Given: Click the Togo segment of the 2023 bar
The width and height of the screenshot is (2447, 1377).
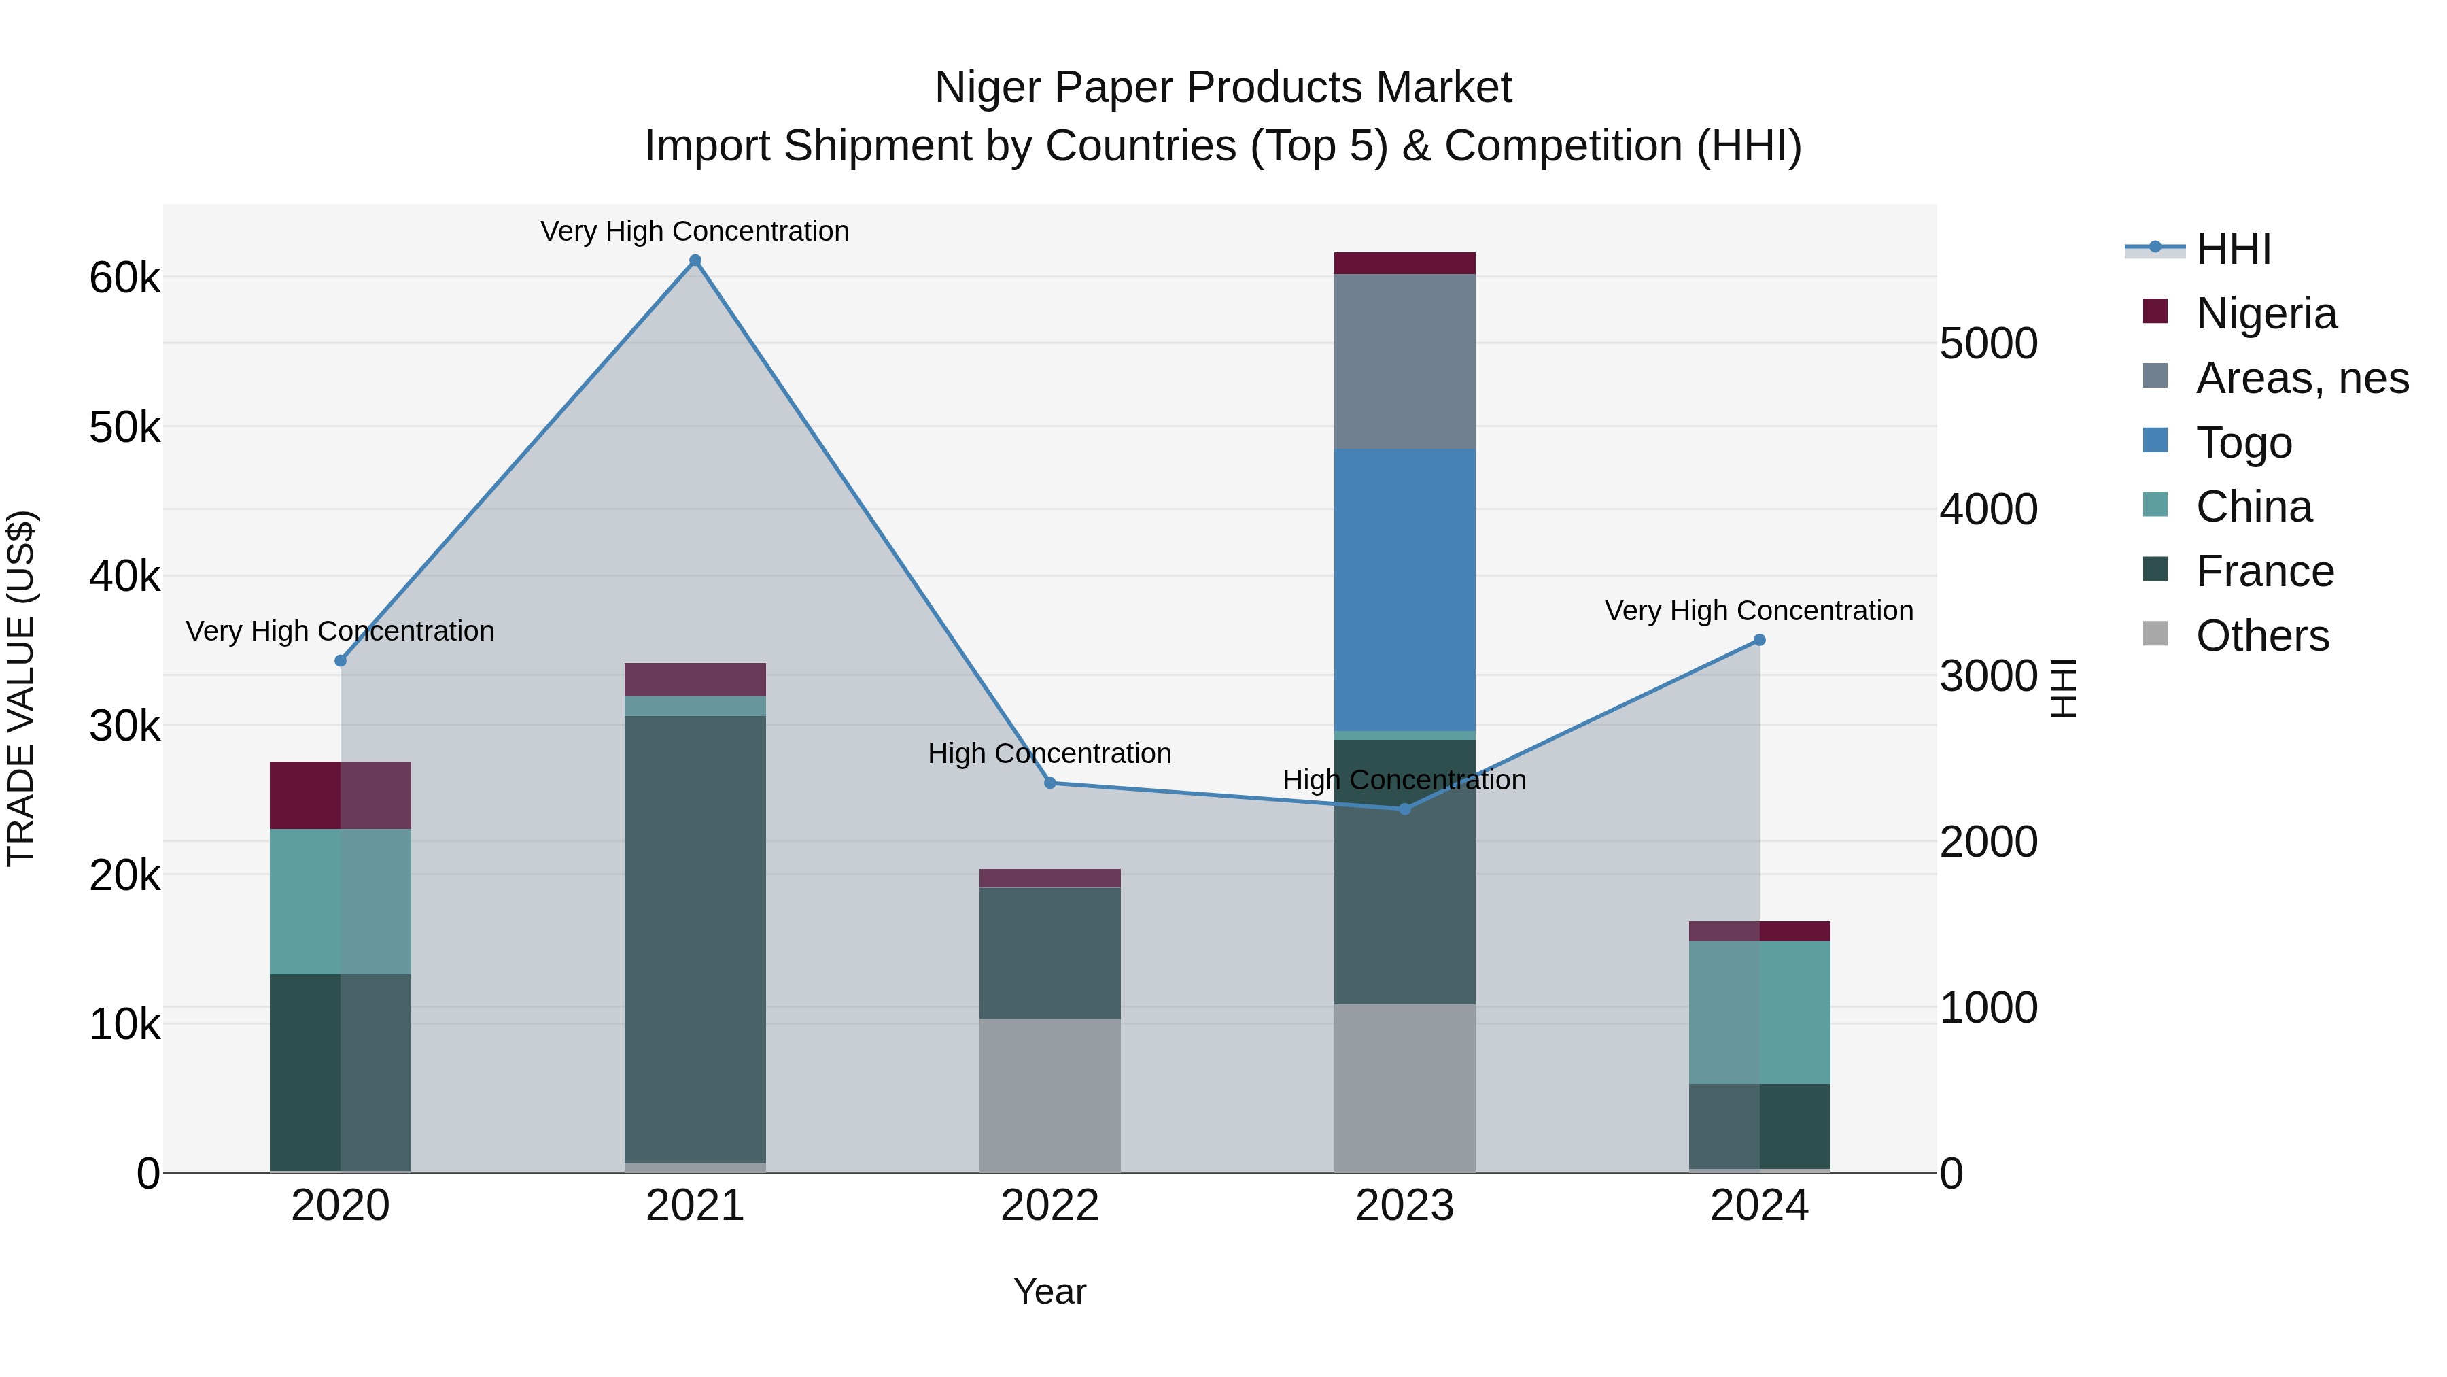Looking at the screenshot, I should (1404, 589).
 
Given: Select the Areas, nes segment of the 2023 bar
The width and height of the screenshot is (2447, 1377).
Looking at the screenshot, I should (1404, 361).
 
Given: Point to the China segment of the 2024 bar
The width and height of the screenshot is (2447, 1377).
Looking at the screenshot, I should (1759, 1012).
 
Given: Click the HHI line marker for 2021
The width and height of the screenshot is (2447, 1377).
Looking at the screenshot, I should (695, 260).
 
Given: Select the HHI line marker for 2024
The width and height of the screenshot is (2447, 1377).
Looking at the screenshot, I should (1759, 641).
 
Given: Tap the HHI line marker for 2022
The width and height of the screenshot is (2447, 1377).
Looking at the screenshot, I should (1049, 783).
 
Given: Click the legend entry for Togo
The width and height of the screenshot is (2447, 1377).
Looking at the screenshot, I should (2244, 443).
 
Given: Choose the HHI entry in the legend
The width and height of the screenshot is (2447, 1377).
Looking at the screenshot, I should (2232, 249).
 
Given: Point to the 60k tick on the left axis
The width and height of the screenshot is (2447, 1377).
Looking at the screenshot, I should (124, 278).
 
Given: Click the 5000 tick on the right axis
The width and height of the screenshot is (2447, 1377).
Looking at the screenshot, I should (1988, 343).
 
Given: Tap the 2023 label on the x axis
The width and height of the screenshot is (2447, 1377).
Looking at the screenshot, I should (1404, 1206).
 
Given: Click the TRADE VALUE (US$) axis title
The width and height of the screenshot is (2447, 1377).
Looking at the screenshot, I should (21, 688).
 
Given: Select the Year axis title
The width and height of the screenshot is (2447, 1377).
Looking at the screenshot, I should (1049, 1291).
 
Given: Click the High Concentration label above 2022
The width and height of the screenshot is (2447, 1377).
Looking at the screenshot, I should (1049, 753).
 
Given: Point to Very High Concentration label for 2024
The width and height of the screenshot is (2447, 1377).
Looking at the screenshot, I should (1758, 611).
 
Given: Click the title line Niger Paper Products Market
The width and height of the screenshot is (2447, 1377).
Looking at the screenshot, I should (1223, 88).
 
